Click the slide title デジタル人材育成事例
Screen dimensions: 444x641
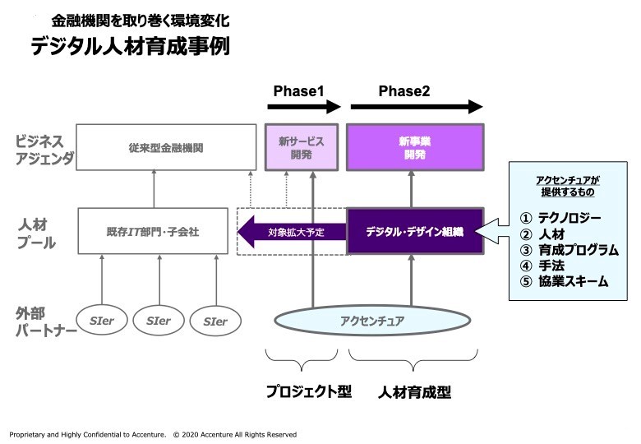(x=130, y=47)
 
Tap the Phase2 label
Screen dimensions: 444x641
(x=404, y=90)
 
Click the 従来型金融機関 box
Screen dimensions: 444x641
(x=165, y=149)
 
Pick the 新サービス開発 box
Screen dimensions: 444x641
(x=302, y=148)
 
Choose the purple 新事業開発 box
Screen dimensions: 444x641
(x=414, y=148)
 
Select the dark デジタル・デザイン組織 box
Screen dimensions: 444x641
(x=413, y=232)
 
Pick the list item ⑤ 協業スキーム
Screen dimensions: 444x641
(x=565, y=281)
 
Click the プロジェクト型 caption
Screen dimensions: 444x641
(x=308, y=392)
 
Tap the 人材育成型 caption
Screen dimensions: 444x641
(x=415, y=392)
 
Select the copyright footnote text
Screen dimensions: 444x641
(x=153, y=434)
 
